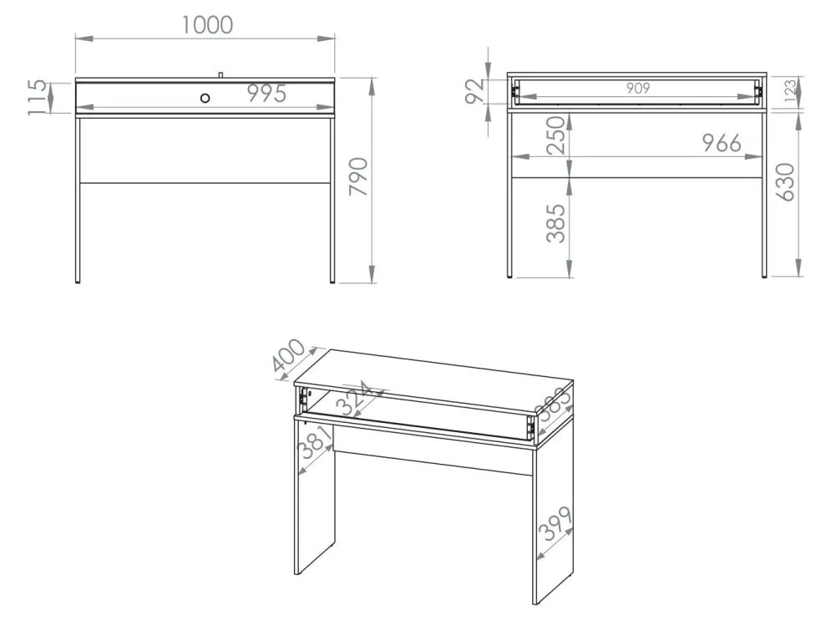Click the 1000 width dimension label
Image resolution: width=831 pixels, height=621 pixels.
[x=207, y=25]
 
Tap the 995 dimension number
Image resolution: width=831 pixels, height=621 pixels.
[x=267, y=94]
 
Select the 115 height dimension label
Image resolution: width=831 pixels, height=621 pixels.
[x=38, y=97]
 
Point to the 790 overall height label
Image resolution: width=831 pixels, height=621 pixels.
[x=358, y=176]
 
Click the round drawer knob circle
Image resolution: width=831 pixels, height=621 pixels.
[x=205, y=98]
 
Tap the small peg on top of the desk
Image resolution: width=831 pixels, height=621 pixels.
[x=220, y=74]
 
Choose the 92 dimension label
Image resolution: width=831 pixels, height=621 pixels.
[x=475, y=90]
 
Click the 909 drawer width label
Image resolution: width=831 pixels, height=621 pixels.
[x=637, y=88]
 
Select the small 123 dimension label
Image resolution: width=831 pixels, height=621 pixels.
[x=790, y=90]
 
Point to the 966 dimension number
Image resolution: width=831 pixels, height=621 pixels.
[x=722, y=143]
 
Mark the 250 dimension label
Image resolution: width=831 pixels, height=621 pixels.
[x=556, y=135]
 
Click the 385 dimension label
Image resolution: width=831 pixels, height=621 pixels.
[x=556, y=224]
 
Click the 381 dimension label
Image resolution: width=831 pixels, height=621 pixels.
[x=316, y=442]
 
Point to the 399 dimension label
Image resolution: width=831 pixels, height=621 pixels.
[x=555, y=523]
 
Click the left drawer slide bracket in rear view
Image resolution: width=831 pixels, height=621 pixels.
[x=514, y=92]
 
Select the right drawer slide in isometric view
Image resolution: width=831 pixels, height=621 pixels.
[x=529, y=427]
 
